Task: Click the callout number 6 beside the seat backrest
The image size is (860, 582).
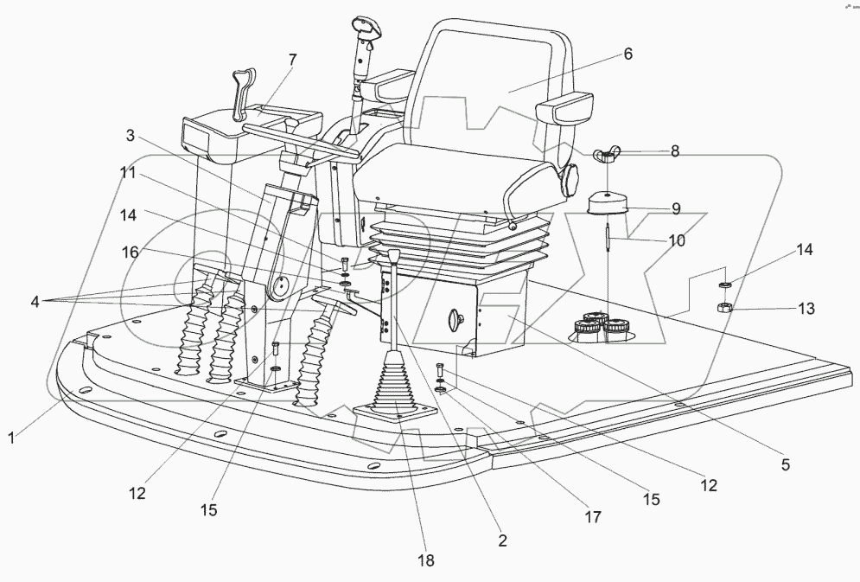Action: [x=628, y=54]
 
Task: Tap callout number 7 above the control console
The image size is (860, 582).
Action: [x=292, y=60]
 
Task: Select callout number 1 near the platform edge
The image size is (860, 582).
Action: [x=11, y=438]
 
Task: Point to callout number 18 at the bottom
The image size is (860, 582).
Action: [x=425, y=560]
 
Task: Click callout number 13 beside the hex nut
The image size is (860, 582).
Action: [x=806, y=308]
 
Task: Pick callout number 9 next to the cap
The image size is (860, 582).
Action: [x=676, y=208]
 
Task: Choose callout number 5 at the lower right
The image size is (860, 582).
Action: [x=786, y=464]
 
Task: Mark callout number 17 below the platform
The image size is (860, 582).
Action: [x=593, y=516]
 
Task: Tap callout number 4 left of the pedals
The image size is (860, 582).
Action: [x=35, y=301]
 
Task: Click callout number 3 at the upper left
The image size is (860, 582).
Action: [x=130, y=135]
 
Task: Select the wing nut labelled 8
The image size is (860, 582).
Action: [x=606, y=156]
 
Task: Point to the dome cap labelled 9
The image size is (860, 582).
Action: [x=608, y=203]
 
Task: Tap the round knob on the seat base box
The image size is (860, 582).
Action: [x=454, y=318]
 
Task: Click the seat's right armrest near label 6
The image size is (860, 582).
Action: [x=564, y=107]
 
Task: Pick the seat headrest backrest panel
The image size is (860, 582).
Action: [x=488, y=82]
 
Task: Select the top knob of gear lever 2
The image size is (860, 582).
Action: [x=393, y=256]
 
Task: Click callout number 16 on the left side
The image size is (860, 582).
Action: [x=130, y=252]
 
